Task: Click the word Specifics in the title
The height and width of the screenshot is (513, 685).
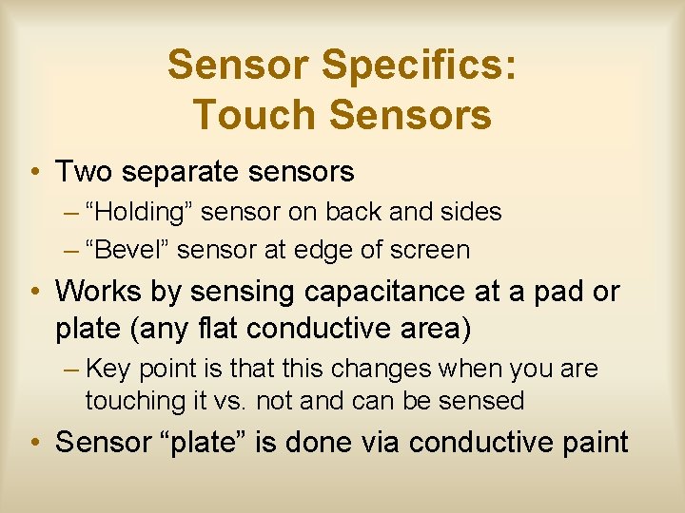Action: coord(420,66)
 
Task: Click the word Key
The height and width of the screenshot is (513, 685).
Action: coord(108,368)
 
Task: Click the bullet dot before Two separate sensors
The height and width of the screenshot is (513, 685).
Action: coord(34,173)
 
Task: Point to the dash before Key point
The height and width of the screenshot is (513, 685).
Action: coord(72,368)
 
